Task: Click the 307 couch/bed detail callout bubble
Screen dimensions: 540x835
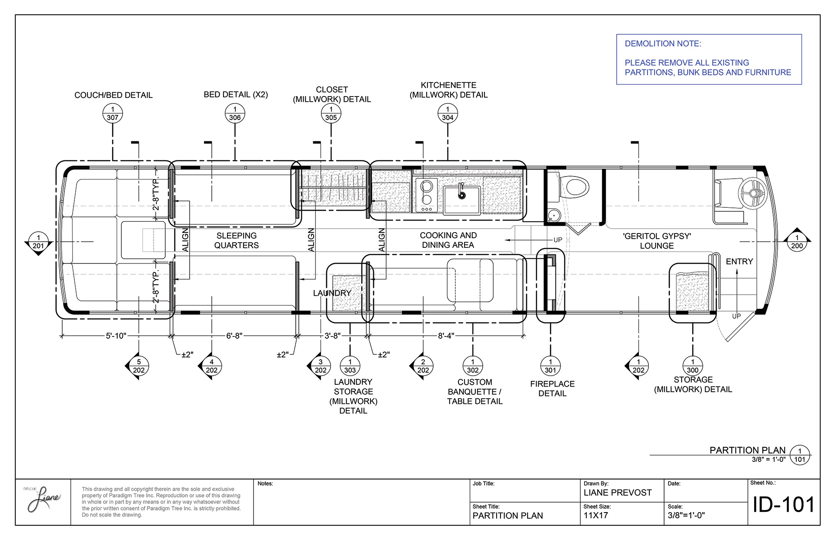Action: click(x=113, y=114)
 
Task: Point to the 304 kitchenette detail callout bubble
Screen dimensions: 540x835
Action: click(x=448, y=114)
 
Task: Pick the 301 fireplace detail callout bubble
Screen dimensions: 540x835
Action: click(x=550, y=366)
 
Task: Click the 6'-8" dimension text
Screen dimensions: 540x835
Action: click(x=234, y=336)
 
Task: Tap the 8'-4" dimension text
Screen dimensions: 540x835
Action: click(x=446, y=336)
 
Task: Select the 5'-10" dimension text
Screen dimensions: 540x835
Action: click(x=116, y=336)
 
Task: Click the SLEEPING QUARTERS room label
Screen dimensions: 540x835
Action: click(x=237, y=240)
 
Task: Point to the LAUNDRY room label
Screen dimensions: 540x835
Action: click(x=332, y=293)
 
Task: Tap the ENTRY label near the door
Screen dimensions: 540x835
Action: click(x=739, y=261)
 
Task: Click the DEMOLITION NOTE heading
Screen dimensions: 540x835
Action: click(x=663, y=43)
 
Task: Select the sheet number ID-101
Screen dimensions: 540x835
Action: click(x=783, y=505)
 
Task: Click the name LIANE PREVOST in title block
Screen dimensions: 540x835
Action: click(x=618, y=493)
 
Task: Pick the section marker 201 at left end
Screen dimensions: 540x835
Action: click(x=38, y=242)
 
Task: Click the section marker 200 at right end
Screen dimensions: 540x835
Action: click(x=797, y=242)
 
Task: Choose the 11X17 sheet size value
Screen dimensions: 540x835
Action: click(x=596, y=516)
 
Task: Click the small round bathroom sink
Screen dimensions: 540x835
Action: click(x=553, y=215)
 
